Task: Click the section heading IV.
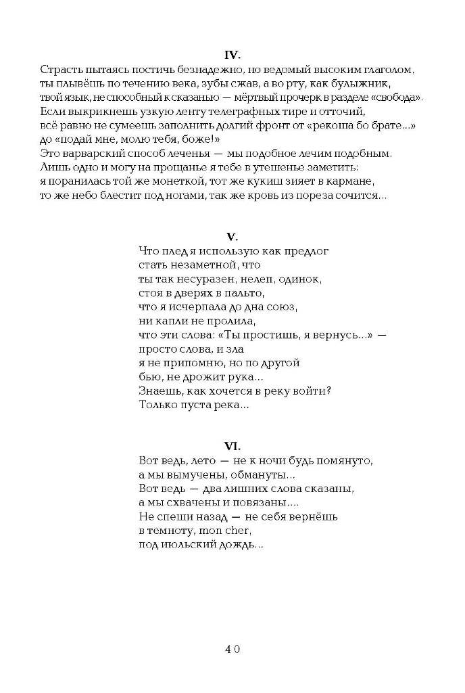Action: pos(232,54)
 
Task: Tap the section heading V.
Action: pos(232,236)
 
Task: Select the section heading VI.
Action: pos(232,445)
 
